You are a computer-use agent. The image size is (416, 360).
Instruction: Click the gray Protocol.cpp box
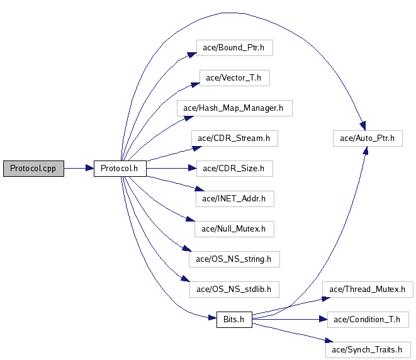[33, 169]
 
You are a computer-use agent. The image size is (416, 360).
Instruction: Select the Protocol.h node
[120, 169]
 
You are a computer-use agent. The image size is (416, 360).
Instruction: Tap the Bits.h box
[233, 319]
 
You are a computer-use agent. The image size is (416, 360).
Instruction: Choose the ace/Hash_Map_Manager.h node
[233, 108]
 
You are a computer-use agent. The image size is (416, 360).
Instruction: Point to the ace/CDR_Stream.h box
[234, 138]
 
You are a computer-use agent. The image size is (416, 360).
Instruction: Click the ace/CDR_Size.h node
[234, 169]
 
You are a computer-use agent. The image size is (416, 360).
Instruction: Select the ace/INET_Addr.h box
[234, 199]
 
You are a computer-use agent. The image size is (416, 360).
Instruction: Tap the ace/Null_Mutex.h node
[234, 229]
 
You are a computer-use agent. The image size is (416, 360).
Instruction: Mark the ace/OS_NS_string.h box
[234, 259]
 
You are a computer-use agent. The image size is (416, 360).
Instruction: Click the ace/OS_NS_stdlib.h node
[234, 290]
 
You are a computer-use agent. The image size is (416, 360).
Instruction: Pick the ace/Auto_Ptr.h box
[368, 138]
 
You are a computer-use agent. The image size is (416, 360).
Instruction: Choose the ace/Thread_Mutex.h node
[368, 290]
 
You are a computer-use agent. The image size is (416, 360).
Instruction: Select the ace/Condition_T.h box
[368, 319]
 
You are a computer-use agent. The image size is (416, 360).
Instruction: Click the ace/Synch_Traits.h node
[368, 349]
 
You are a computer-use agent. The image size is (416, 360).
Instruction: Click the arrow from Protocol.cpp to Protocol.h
[79, 169]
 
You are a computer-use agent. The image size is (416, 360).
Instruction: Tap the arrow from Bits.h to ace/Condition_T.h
[290, 319]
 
